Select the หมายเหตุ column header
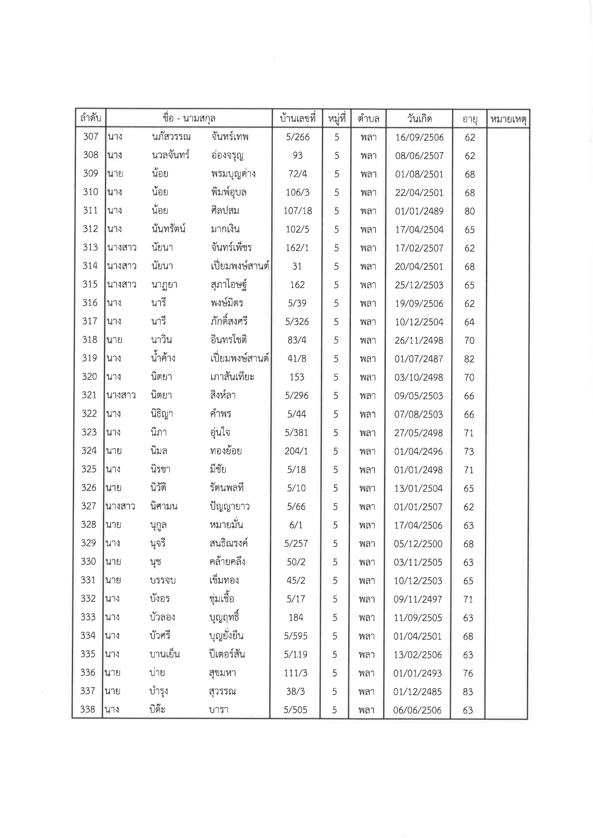[x=507, y=119]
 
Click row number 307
[x=90, y=137]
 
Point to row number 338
[x=88, y=709]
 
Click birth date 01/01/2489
[x=419, y=211]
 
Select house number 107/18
[x=297, y=211]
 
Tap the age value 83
[x=468, y=692]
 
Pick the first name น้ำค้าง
[x=161, y=358]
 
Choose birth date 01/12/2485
[x=417, y=692]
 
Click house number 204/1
[x=296, y=451]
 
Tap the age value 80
[x=470, y=211]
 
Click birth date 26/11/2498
[x=419, y=341]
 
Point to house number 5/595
[x=296, y=636]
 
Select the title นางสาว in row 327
[x=121, y=506]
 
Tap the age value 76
[x=468, y=673]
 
